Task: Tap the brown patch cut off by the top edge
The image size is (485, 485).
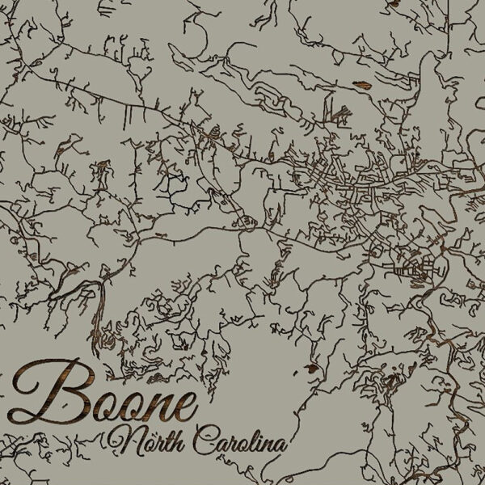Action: (x=394, y=3)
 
